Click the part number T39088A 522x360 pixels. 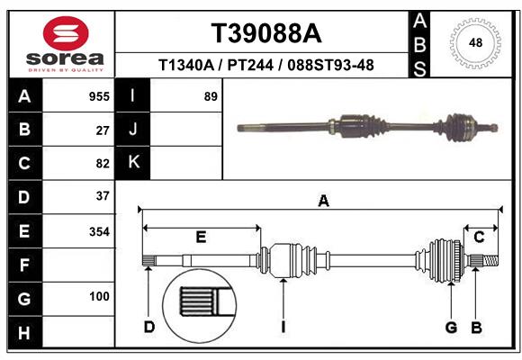click(265, 33)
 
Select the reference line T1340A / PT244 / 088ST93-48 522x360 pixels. click(265, 66)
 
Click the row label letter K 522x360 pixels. click(133, 163)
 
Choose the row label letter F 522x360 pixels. click(24, 265)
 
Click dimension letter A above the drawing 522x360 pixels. click(322, 202)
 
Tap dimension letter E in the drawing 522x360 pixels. click(201, 237)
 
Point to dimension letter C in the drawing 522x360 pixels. click(479, 237)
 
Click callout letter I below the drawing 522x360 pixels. click(283, 327)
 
